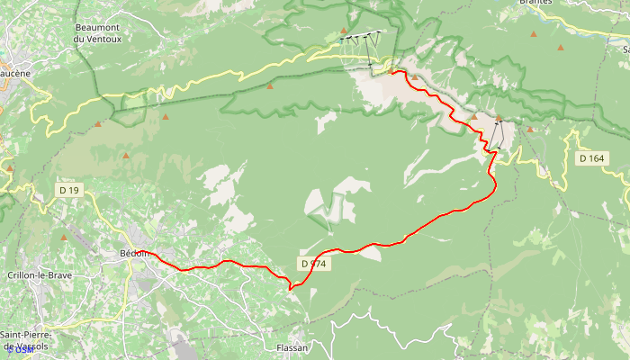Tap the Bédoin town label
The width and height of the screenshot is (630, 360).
click(x=134, y=253)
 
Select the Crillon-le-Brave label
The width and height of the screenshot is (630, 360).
click(x=39, y=275)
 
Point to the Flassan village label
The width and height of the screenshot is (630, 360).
click(x=292, y=347)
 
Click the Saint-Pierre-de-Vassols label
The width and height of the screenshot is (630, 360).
click(x=27, y=340)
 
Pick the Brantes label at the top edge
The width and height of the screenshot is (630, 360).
click(x=535, y=3)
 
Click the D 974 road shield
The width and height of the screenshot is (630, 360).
click(x=313, y=264)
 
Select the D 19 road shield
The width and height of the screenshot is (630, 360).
click(x=69, y=190)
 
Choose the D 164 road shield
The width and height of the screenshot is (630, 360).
click(x=591, y=158)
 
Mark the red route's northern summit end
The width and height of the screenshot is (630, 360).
click(x=394, y=71)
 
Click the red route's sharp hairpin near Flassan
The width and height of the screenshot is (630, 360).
click(x=289, y=288)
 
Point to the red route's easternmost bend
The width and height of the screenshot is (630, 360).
click(x=496, y=184)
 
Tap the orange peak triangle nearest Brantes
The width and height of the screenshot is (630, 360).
click(x=534, y=34)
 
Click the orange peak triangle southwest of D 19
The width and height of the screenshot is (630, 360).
click(x=63, y=238)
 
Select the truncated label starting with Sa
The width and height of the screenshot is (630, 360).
click(x=625, y=50)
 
